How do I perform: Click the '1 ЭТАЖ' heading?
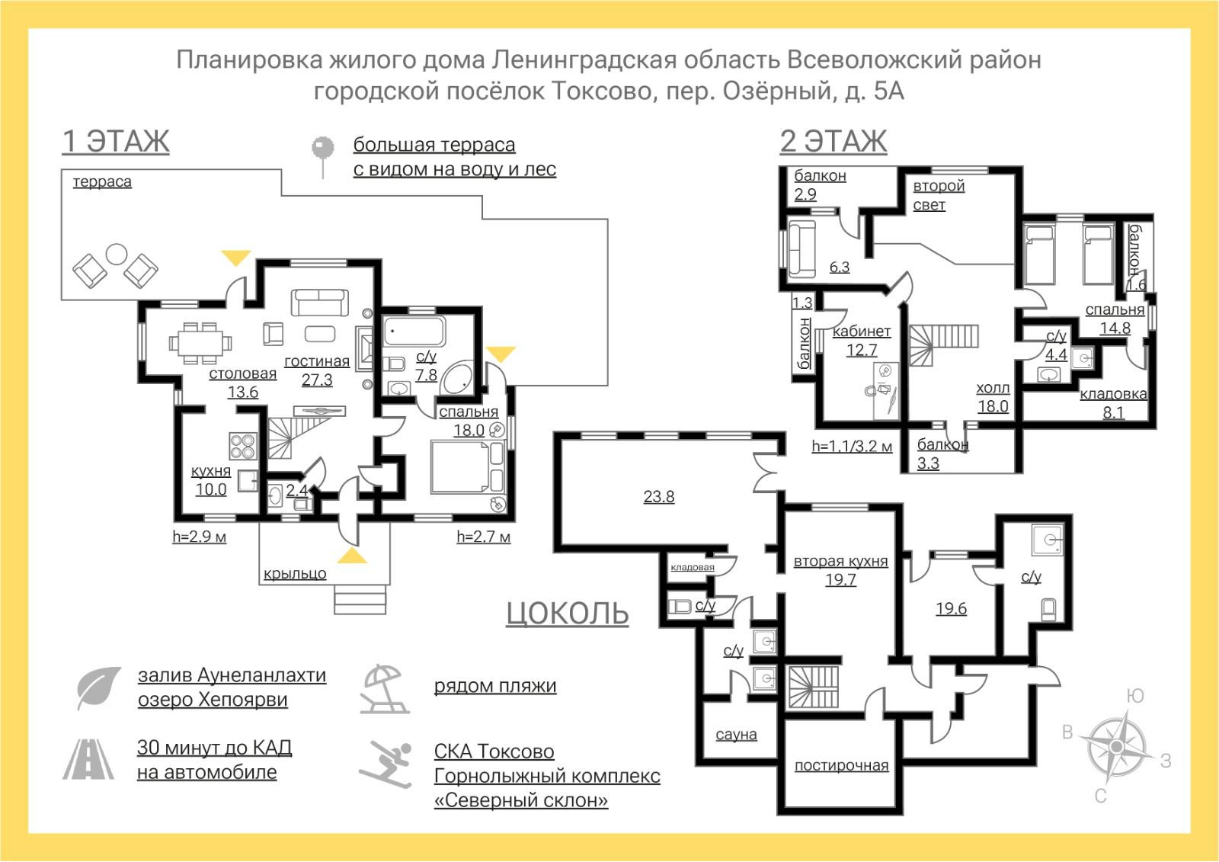pyautogui.click(x=116, y=142)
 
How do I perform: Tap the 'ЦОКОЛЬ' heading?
pyautogui.click(x=568, y=613)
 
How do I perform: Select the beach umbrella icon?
pyautogui.click(x=386, y=688)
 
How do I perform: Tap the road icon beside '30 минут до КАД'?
pyautogui.click(x=88, y=759)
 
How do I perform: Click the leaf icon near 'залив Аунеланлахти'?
pyautogui.click(x=98, y=687)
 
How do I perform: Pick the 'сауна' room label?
pyautogui.click(x=736, y=735)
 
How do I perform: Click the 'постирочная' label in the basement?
pyautogui.click(x=841, y=765)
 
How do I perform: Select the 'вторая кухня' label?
pyautogui.click(x=840, y=562)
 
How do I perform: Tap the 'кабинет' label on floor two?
pyautogui.click(x=862, y=332)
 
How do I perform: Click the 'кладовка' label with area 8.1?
pyautogui.click(x=1113, y=394)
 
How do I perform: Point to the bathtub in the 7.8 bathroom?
pyautogui.click(x=414, y=332)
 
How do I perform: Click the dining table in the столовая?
pyautogui.click(x=198, y=341)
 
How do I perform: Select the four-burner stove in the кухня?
pyautogui.click(x=243, y=445)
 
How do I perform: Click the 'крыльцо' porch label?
pyautogui.click(x=295, y=574)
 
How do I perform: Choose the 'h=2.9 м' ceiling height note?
pyautogui.click(x=200, y=537)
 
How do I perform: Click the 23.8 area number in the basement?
pyautogui.click(x=658, y=497)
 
